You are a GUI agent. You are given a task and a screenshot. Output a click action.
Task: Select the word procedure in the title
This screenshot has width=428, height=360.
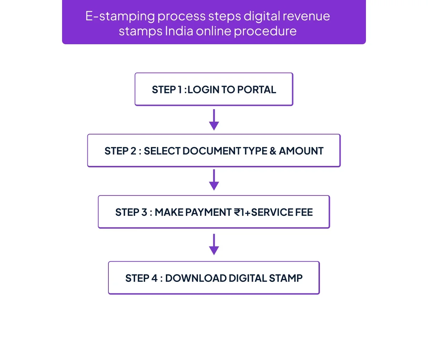265,31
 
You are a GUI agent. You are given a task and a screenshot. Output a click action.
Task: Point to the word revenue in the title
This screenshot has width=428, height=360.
306,16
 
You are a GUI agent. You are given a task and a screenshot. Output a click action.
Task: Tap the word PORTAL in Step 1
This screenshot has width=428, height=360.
257,90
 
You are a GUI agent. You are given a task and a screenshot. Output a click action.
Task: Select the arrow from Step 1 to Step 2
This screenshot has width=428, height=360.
214,120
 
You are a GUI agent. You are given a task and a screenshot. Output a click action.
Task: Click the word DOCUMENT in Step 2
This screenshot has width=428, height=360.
212,151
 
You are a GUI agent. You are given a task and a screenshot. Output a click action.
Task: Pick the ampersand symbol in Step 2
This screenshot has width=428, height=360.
272,151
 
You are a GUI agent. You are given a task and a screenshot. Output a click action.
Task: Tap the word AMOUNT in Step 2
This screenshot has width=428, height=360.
301,151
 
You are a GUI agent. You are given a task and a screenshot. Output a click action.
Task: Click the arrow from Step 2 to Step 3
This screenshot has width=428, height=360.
214,180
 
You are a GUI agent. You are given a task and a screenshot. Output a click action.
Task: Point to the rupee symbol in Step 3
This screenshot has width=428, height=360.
238,212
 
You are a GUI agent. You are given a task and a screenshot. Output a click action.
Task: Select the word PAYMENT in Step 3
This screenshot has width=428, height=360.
208,212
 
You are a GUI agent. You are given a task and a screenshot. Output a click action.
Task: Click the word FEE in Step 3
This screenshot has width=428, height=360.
304,212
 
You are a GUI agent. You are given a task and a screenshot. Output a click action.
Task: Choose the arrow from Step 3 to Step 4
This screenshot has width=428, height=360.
214,244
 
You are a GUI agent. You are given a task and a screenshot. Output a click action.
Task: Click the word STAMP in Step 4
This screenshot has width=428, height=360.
286,278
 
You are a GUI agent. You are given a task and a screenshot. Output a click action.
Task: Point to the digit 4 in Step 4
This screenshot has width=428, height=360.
154,278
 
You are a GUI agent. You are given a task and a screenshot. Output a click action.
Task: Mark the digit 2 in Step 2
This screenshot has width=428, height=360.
133,151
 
